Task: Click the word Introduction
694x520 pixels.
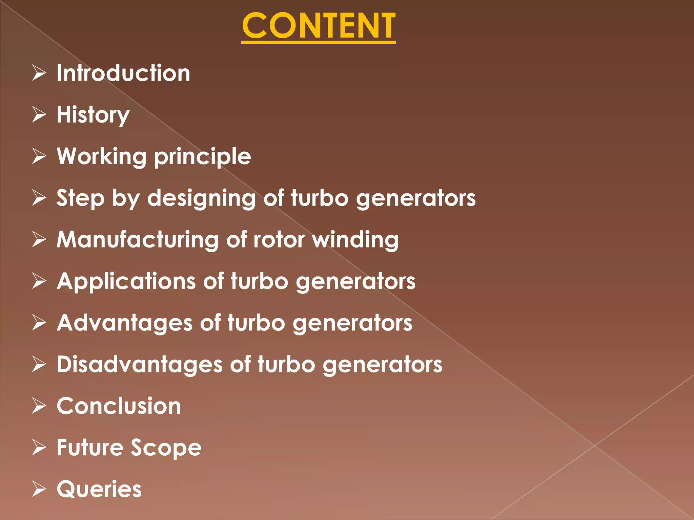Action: tap(123, 73)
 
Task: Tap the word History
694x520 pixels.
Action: tap(93, 115)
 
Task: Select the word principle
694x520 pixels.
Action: tap(203, 157)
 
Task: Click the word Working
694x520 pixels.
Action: tap(102, 157)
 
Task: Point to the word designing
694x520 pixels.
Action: tap(201, 199)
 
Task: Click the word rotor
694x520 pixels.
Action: tap(279, 240)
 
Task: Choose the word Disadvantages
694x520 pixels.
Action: tap(140, 365)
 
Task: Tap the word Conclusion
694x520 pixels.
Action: tap(119, 406)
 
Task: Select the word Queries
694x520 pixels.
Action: tap(99, 490)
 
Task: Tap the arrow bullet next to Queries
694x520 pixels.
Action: tap(39, 489)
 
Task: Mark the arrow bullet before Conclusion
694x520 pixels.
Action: tap(39, 406)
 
